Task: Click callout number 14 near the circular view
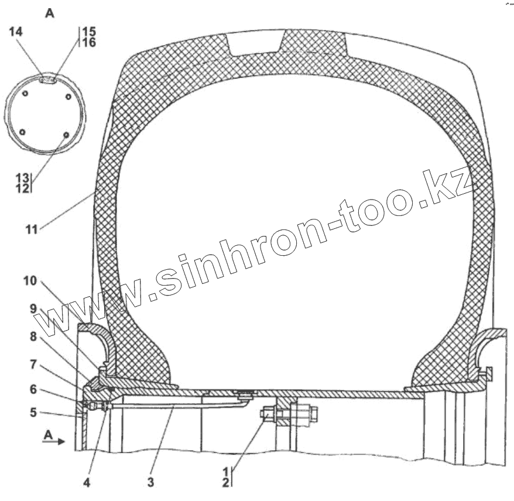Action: click(x=16, y=32)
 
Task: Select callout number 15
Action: click(x=89, y=32)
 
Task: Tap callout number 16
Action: click(x=89, y=42)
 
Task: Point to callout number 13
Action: click(x=23, y=178)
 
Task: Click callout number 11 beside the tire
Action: click(x=32, y=229)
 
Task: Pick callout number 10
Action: click(x=30, y=281)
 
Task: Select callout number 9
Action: click(x=33, y=308)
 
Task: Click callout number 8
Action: click(x=33, y=337)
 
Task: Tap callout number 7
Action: click(x=33, y=365)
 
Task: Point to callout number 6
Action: click(x=33, y=389)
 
